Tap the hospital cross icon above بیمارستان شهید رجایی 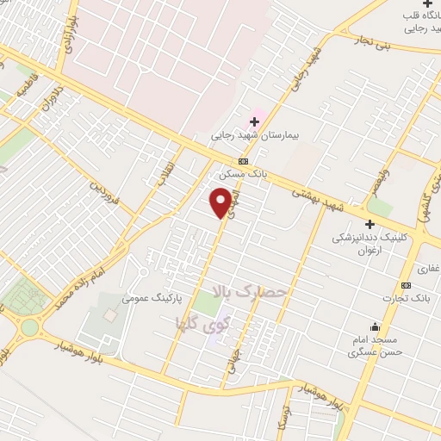point(254,121)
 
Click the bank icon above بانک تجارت point(406,286)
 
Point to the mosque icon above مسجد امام point(375,326)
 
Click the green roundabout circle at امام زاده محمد point(30,327)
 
